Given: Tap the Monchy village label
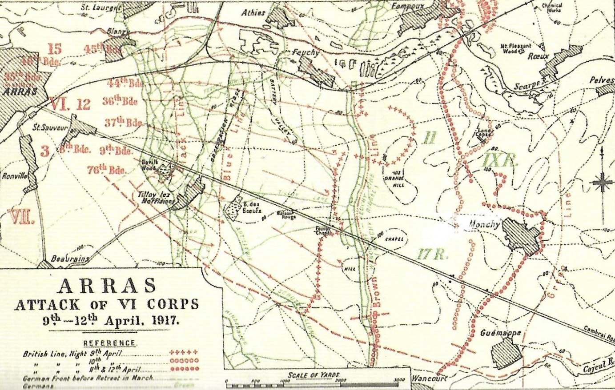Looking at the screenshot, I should click(x=484, y=225).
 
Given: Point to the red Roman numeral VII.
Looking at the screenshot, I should click(x=21, y=217).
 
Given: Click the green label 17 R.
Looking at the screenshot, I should click(x=432, y=254).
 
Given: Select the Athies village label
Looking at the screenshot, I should click(x=253, y=13).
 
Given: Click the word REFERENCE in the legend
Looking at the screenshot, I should click(x=109, y=343).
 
